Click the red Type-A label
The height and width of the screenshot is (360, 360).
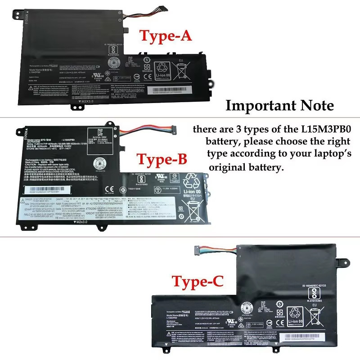coord(166,36)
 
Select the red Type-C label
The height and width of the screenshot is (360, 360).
coord(198,282)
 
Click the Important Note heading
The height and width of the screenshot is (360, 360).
coord(279,106)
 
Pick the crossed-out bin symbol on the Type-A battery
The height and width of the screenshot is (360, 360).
coord(181,70)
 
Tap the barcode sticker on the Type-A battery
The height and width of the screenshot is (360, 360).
coord(174,90)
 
